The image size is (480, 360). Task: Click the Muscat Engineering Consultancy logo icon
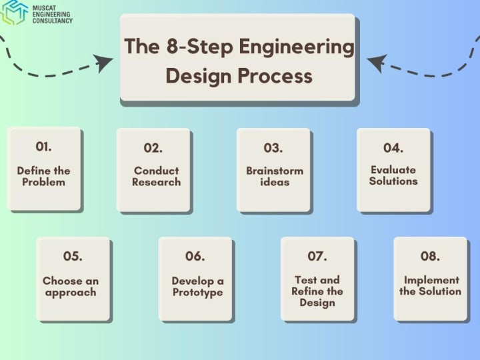15,12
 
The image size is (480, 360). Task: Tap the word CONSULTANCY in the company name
53,21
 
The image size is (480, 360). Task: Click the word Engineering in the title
295,48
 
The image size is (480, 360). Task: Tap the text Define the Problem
44,176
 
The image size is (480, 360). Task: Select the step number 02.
153,148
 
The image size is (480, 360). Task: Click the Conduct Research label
156,176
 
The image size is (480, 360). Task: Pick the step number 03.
273,148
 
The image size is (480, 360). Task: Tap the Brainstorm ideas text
275,176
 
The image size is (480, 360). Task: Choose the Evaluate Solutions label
393,175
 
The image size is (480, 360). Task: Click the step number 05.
73,256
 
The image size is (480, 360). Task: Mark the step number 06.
195,256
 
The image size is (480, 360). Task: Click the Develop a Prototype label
197,287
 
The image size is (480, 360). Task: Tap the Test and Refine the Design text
317,291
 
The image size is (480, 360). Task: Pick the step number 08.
430,256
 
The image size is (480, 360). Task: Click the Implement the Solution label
431,285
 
